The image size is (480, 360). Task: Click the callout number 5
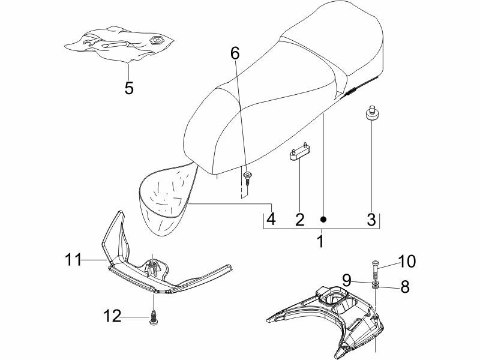[129, 88]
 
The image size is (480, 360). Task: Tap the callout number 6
[235, 53]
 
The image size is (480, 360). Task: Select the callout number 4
[271, 219]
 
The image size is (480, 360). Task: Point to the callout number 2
[299, 219]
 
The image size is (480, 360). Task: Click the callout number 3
[371, 219]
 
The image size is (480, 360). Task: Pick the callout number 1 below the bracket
[320, 241]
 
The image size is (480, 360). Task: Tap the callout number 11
[73, 260]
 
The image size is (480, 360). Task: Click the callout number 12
[112, 316]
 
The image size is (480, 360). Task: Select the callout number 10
[407, 261]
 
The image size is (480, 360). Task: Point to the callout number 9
[347, 279]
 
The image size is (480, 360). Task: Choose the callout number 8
[404, 287]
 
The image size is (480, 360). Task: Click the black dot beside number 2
[323, 219]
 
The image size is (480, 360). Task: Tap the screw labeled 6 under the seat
[247, 178]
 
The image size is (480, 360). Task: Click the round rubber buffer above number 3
[371, 113]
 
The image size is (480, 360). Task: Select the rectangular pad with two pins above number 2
[299, 152]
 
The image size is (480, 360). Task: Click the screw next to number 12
[153, 317]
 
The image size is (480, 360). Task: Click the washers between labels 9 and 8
[375, 283]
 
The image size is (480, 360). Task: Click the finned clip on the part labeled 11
[153, 266]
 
